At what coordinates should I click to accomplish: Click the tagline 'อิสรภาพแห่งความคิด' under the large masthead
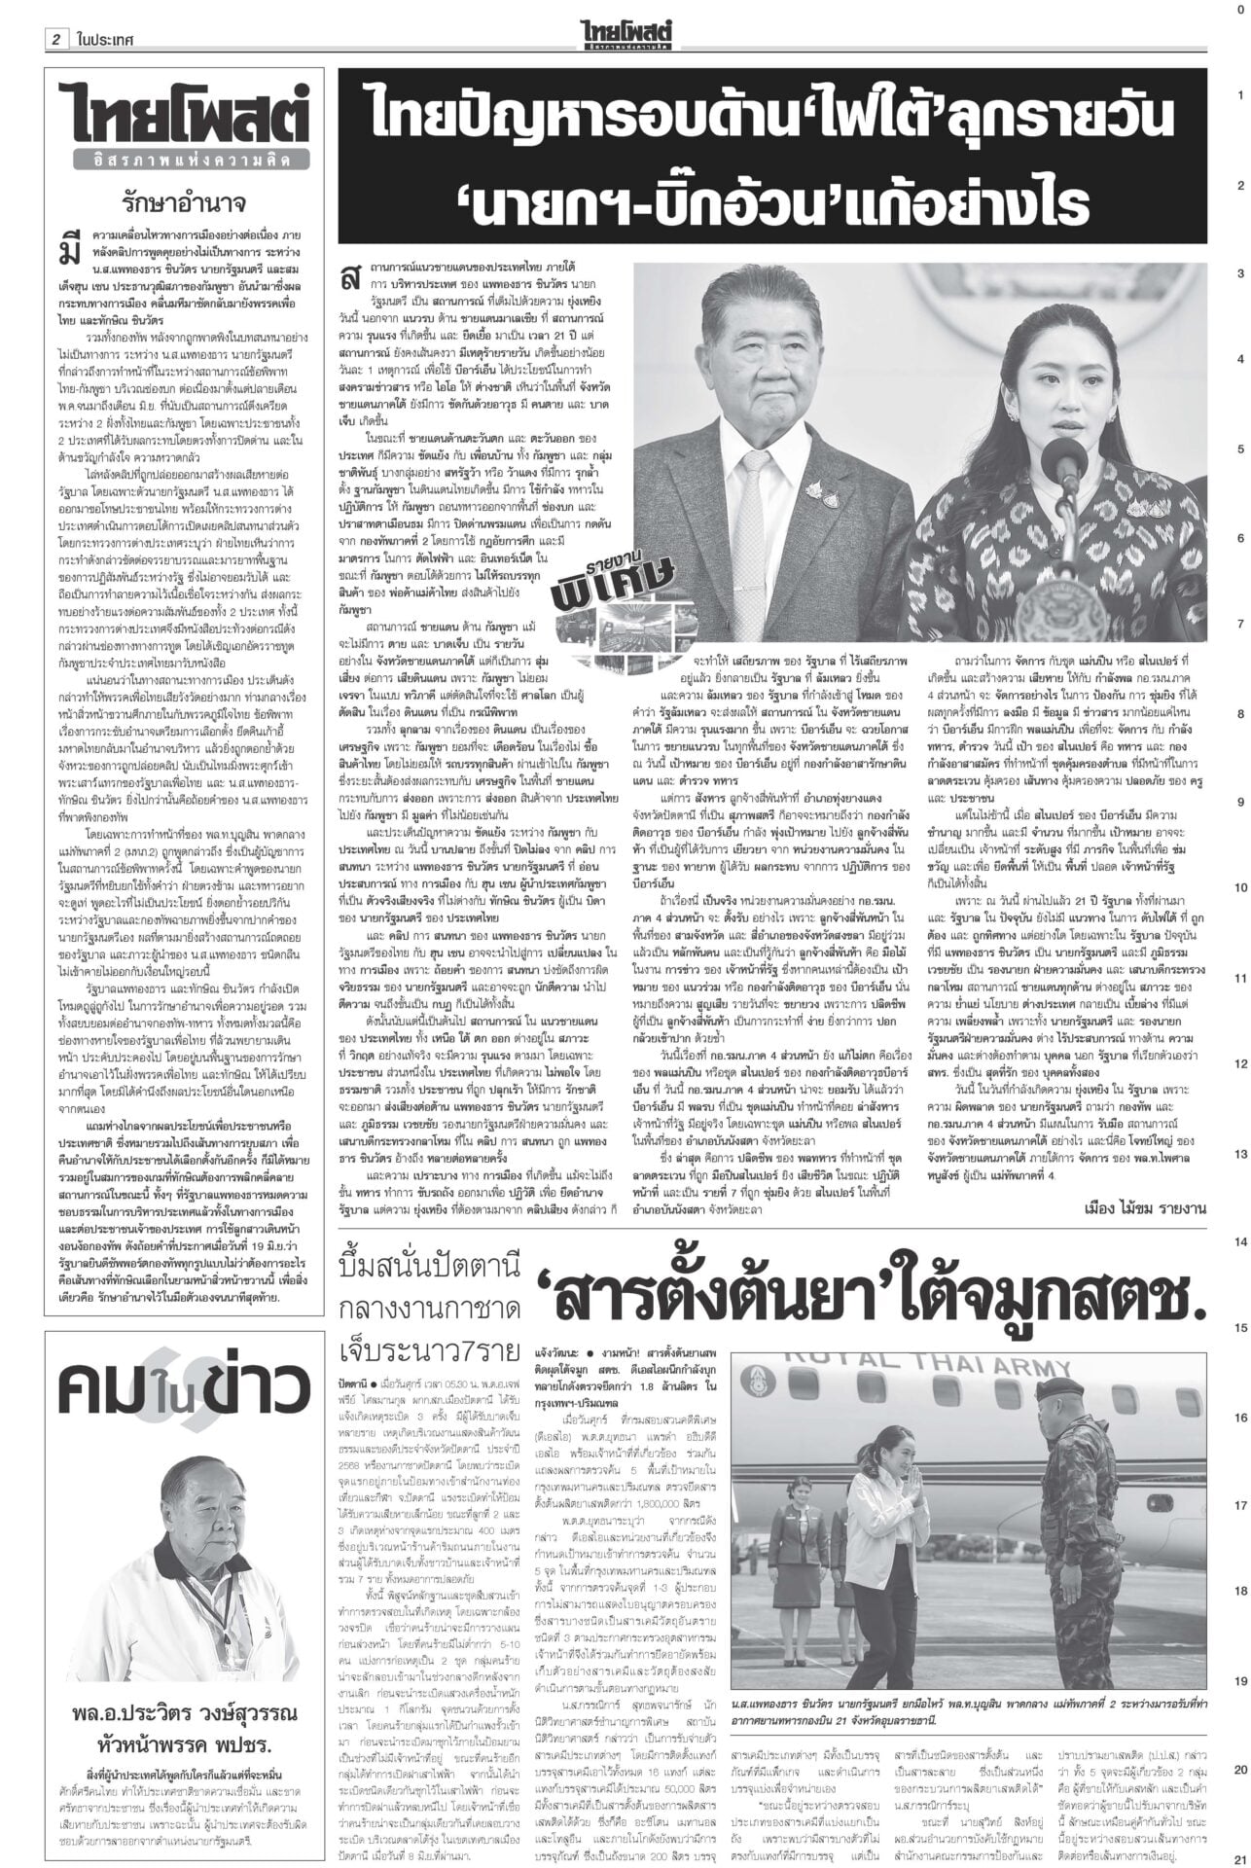[184, 159]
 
